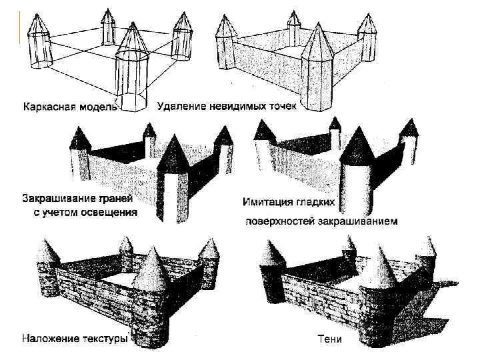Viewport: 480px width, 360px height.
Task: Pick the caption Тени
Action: coord(329,339)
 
